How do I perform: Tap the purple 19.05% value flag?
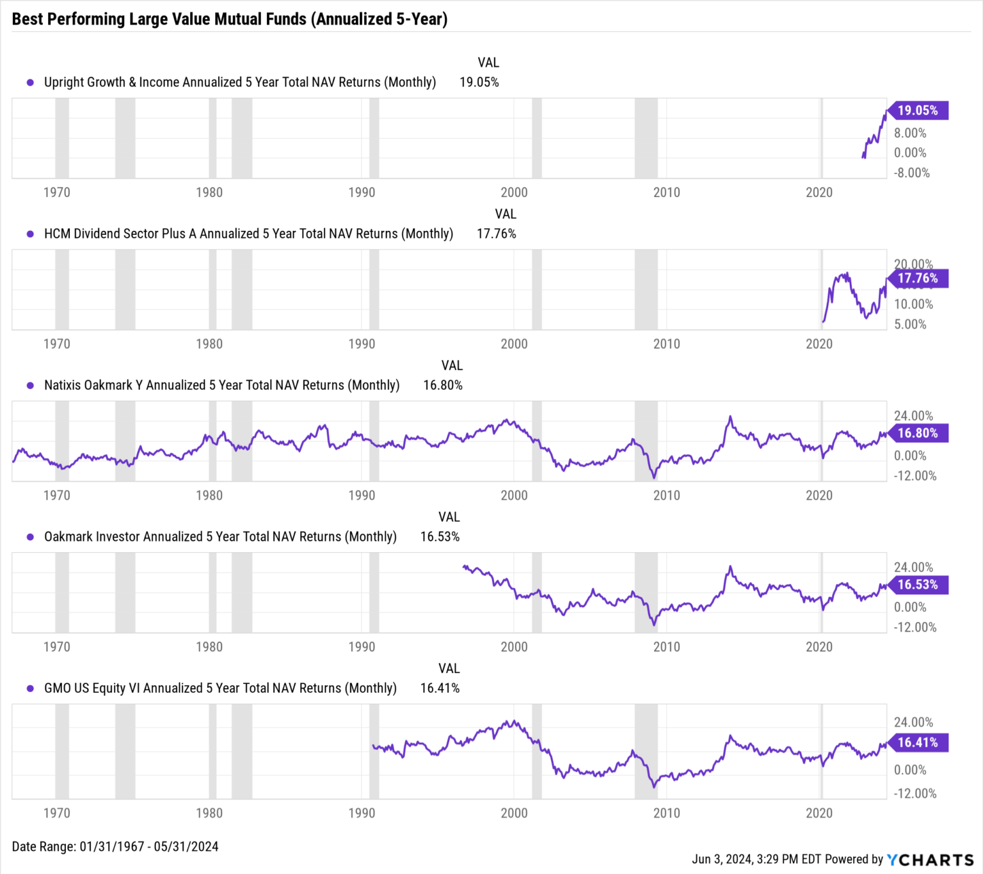coord(917,111)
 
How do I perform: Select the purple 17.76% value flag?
coord(917,278)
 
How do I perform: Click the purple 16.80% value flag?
coord(917,433)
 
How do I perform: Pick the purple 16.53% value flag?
coord(917,585)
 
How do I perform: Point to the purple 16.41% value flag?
coord(917,743)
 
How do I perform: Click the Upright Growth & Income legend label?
coord(239,83)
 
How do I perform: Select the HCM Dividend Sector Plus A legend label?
coord(248,234)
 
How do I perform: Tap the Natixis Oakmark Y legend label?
coord(221,385)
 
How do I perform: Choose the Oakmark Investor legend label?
coord(220,537)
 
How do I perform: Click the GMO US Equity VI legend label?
coord(220,688)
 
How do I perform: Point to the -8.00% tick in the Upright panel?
coord(911,173)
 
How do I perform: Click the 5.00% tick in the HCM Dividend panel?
coord(910,324)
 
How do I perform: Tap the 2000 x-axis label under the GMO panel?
coord(514,813)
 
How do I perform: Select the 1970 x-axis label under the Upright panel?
coord(56,193)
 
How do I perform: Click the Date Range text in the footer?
coord(115,847)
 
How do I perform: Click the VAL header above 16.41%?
coord(449,669)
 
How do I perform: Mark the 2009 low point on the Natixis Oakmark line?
coord(654,477)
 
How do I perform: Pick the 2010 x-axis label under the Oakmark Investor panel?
coord(666,647)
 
